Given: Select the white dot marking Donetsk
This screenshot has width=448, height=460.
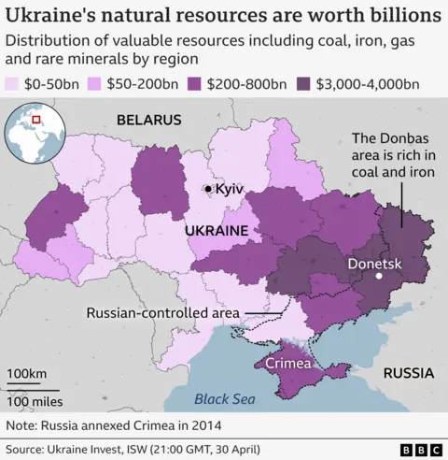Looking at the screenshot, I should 380,277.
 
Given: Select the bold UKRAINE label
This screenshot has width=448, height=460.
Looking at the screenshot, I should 216,229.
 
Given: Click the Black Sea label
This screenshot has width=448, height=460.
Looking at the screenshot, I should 224,399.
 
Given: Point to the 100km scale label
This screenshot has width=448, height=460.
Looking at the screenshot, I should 29,375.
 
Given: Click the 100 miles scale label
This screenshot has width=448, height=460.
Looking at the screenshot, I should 36,401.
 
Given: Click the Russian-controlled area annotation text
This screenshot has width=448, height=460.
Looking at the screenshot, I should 161,313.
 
